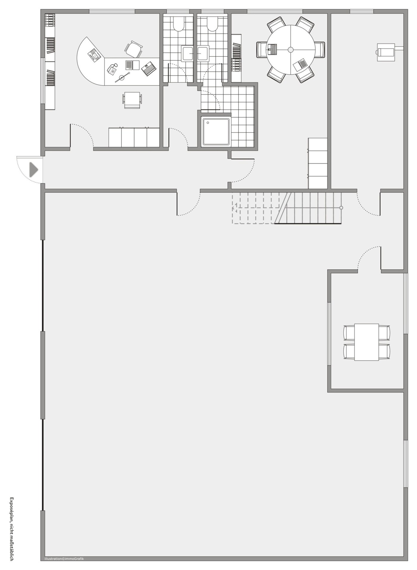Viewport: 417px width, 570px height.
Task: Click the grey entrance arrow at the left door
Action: coord(33,170)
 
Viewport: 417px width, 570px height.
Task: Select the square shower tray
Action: coord(216,132)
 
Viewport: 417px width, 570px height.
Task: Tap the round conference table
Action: coord(290,50)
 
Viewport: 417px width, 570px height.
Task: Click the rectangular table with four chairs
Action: coord(366,342)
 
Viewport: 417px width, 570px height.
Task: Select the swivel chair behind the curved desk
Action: coord(134,49)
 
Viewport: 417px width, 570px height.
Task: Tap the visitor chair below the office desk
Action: coord(132,100)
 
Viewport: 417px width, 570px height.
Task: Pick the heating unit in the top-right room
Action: coord(386,52)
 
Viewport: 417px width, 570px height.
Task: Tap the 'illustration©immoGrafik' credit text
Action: coord(64,558)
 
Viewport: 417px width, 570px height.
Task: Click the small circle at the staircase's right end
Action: coord(341,208)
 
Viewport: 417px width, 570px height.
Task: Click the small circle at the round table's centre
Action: coord(290,50)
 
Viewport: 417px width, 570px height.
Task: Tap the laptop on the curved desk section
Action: coord(94,55)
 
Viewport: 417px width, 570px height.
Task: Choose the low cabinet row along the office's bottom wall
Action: coord(134,137)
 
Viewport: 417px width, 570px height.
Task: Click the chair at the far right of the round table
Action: coord(320,50)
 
